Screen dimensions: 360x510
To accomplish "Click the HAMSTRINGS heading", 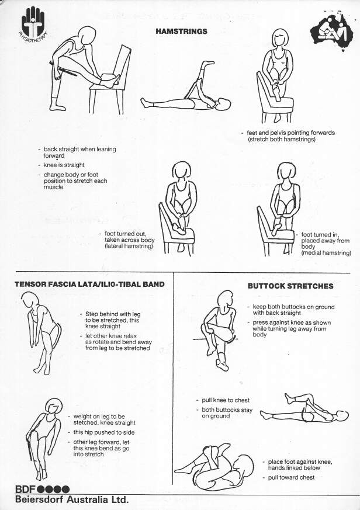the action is pos(181,31).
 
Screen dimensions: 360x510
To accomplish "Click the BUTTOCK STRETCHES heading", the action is pos(290,286).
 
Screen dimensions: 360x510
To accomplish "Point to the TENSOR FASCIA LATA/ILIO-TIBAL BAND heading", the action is pos(89,284).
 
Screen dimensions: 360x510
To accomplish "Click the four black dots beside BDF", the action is pos(53,489).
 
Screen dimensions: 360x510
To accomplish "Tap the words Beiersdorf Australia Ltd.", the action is pos(72,499).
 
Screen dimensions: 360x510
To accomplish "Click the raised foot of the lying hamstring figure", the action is pos(207,64).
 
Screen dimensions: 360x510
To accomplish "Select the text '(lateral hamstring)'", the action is pos(129,246).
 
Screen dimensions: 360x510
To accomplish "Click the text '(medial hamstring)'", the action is pos(326,253).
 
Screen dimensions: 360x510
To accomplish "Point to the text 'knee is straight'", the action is pos(64,165).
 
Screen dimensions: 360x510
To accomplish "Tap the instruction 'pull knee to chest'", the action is pos(226,400).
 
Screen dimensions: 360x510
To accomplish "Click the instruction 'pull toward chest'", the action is pos(291,477).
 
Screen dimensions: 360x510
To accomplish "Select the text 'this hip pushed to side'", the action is pos(104,432).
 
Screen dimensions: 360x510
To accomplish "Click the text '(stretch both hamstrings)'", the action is pos(282,139).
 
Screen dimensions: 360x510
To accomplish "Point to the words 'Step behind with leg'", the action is pos(113,314).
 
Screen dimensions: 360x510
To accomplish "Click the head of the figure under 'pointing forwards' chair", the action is pos(281,39).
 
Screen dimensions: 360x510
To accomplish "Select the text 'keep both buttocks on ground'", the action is pos(293,307).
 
